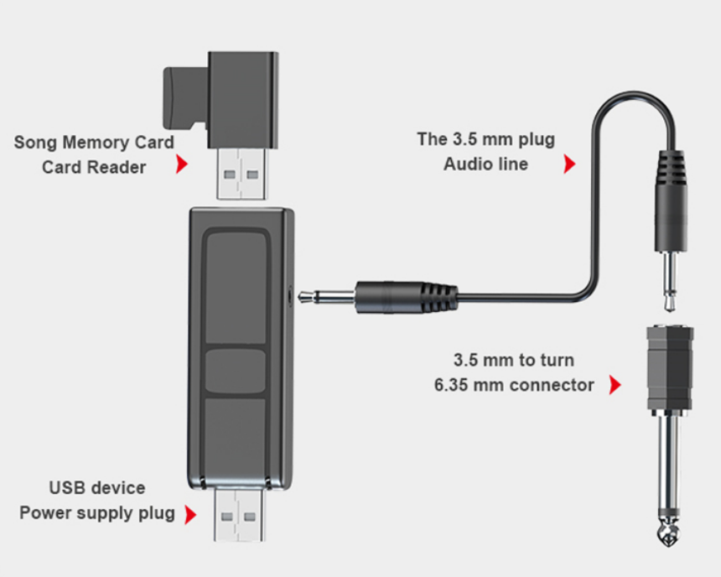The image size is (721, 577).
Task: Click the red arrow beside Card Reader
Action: click(x=181, y=165)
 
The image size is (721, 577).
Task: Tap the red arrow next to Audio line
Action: click(x=569, y=164)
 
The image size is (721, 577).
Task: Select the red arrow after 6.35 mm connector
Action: click(x=615, y=386)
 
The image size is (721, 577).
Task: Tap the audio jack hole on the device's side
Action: click(x=291, y=294)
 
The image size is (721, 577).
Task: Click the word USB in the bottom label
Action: click(x=66, y=487)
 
